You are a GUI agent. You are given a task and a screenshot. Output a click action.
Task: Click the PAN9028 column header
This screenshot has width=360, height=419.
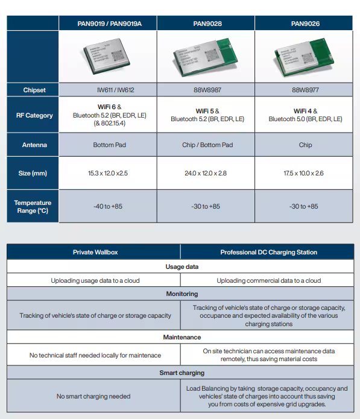point(206,24)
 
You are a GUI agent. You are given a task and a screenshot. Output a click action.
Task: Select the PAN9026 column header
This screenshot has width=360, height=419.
point(305,24)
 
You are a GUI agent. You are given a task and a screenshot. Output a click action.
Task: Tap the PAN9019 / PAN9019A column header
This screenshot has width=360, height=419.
point(108,24)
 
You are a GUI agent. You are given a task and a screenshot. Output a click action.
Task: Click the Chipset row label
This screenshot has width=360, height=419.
point(34,90)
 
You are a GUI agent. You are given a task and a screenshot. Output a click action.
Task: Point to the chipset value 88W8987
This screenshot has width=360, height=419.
point(206,90)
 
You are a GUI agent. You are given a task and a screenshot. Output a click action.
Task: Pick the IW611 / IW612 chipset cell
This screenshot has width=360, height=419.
point(108,90)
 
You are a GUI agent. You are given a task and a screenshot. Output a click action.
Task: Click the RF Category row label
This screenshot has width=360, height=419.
point(34,115)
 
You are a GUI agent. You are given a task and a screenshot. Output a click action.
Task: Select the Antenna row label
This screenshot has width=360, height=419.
point(34,145)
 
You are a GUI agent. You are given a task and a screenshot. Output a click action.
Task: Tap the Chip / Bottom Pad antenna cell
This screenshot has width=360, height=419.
point(206,145)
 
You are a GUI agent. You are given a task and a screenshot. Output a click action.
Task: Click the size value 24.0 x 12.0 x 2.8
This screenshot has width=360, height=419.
point(206,174)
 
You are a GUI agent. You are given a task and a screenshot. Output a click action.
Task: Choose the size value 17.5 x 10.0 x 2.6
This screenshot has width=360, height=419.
point(305,174)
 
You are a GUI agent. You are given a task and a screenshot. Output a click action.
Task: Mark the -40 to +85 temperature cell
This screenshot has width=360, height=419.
point(108,206)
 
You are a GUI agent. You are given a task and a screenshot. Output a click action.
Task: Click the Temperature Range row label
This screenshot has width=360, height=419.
point(34,206)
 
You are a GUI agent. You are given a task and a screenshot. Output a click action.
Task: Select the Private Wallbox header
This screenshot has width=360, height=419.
point(94,252)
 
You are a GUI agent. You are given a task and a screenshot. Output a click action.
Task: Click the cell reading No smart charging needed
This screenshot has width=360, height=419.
point(94,396)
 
